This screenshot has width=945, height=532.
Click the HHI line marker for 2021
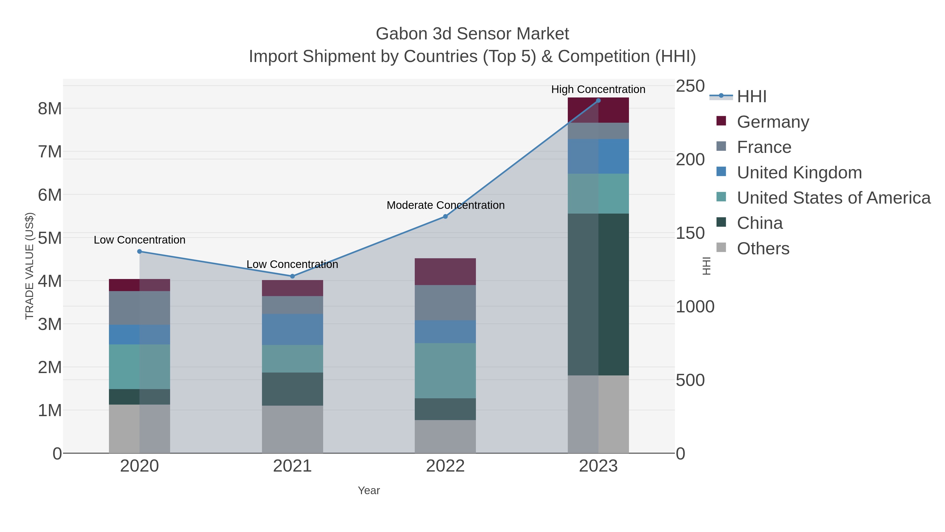pos(292,276)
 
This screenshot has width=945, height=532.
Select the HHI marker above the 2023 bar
pos(598,101)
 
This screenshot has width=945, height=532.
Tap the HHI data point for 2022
pos(445,217)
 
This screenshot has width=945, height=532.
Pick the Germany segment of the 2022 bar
pos(445,272)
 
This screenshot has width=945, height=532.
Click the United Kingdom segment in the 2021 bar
pos(292,329)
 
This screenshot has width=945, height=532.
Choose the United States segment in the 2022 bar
pos(445,370)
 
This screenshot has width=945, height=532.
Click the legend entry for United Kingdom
pos(799,173)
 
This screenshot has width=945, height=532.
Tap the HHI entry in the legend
pos(751,97)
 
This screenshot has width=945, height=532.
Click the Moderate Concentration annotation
pos(445,205)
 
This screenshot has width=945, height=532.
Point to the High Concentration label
pos(598,89)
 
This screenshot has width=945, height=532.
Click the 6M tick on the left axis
pos(50,195)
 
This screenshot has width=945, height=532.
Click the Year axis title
pos(369,490)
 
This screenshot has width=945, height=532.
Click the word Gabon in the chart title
pos(401,34)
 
